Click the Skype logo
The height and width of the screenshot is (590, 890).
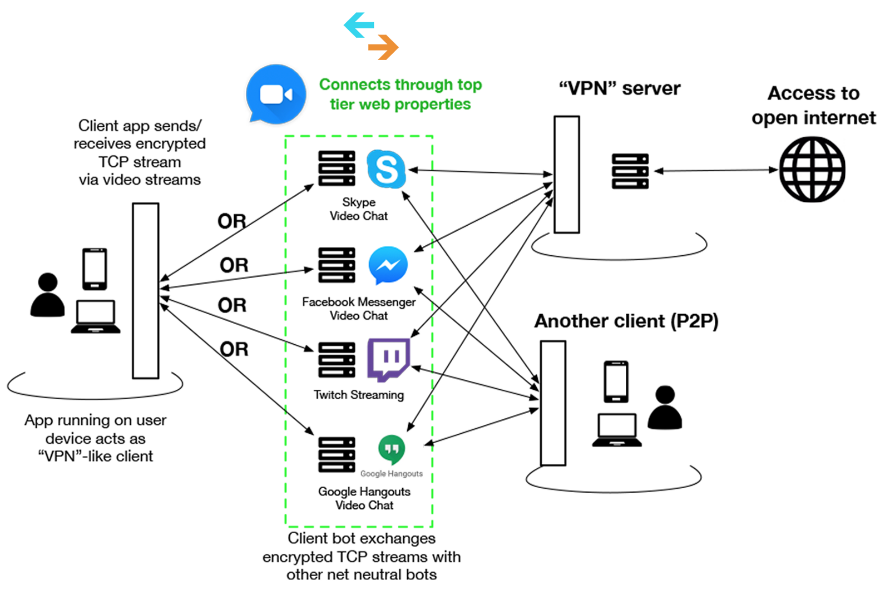tap(386, 169)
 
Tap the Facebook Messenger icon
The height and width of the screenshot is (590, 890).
tap(388, 265)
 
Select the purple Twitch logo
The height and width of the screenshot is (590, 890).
tap(388, 359)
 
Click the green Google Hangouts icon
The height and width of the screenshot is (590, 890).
tap(392, 449)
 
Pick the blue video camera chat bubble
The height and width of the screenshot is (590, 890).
tap(276, 95)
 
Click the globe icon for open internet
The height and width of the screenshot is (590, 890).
tap(812, 169)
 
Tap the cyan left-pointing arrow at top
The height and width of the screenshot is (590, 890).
tap(359, 25)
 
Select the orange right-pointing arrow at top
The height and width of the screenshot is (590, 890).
tap(383, 47)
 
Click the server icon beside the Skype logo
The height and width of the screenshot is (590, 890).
tap(337, 168)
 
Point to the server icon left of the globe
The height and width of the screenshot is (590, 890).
tap(630, 171)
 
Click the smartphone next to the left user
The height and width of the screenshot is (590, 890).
tap(95, 269)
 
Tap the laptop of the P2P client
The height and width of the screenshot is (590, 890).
tap(616, 430)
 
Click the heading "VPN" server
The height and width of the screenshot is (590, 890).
tap(619, 88)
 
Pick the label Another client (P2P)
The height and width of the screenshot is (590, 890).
tap(626, 321)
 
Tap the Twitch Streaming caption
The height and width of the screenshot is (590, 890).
tap(359, 395)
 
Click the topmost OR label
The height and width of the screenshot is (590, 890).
tap(232, 221)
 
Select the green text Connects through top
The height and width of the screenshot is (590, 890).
tap(400, 85)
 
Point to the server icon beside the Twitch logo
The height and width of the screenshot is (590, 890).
tap(337, 360)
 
